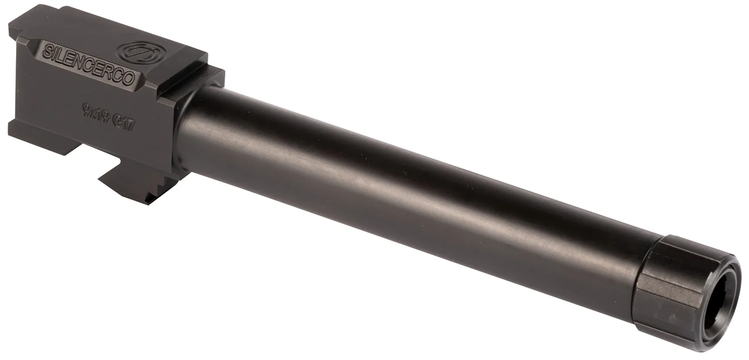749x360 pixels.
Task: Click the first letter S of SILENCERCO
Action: point(47,51)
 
